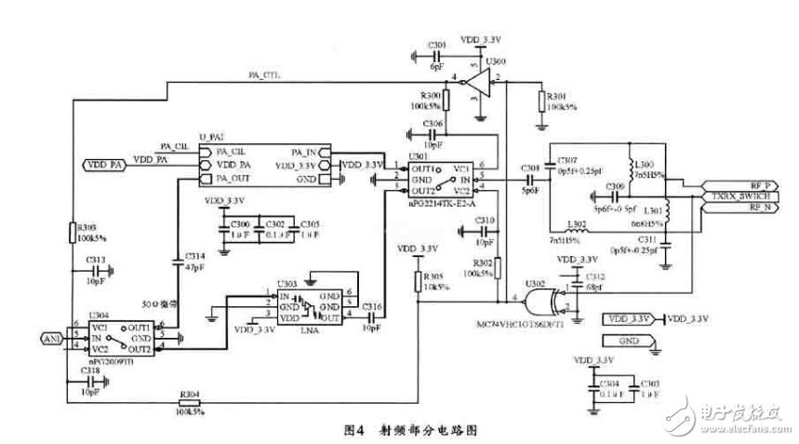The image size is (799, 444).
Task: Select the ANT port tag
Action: pos(53,338)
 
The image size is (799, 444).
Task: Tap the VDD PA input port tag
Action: pos(105,165)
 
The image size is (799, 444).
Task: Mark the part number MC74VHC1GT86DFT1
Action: pos(526,325)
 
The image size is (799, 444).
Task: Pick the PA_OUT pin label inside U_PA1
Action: pos(232,178)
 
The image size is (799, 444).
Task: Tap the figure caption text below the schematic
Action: pos(413,430)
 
